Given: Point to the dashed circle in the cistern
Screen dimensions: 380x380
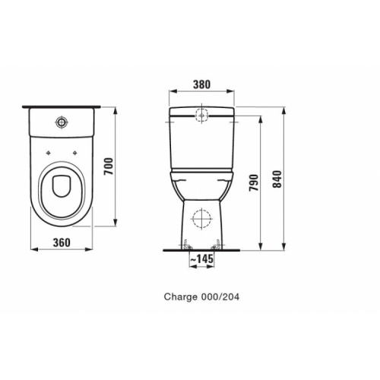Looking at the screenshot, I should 202,116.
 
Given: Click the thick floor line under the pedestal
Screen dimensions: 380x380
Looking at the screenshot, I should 201,249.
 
